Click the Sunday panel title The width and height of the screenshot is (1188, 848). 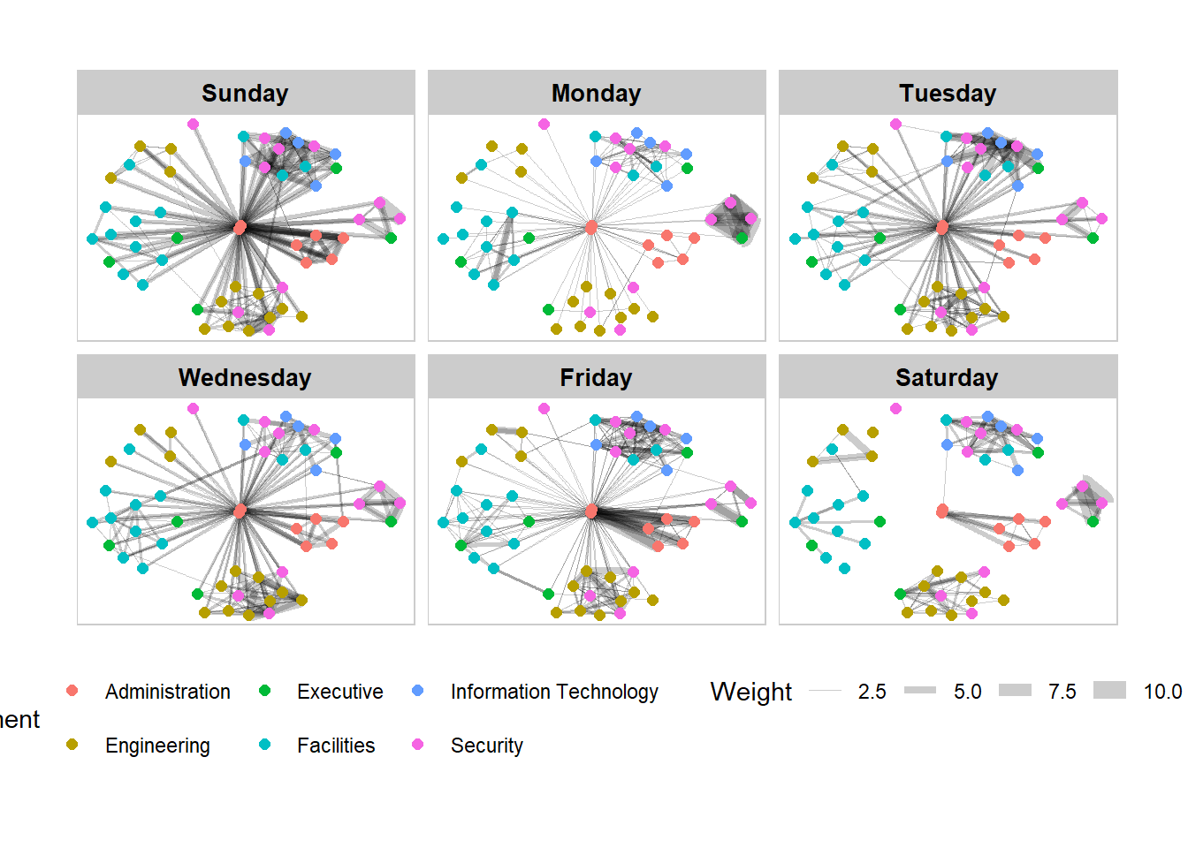coord(245,93)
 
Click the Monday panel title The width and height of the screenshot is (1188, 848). coord(596,93)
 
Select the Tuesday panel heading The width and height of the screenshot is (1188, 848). coord(948,93)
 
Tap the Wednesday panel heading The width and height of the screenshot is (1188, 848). coord(245,377)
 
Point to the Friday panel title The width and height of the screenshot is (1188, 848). coord(596,377)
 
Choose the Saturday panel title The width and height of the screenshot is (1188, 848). coord(947,377)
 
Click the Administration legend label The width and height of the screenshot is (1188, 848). coord(167,692)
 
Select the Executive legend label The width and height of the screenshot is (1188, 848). coord(339,692)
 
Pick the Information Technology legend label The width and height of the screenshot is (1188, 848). coord(554,692)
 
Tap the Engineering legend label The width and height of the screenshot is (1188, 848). coord(157,746)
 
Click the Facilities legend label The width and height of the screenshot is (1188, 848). coord(336,746)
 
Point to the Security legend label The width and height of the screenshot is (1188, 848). coord(486,746)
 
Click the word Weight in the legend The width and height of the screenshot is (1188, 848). coord(750,692)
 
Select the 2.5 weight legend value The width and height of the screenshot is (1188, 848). coord(872,692)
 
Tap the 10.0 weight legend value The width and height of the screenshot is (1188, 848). coord(1161,692)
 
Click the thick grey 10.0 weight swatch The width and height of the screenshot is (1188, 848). coord(1109,690)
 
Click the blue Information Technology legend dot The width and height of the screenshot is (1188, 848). coord(418,691)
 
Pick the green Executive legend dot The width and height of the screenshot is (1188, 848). coord(264,691)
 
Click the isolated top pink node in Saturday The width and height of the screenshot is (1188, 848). coord(895,408)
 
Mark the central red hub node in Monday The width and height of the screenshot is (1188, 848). coord(591,227)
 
